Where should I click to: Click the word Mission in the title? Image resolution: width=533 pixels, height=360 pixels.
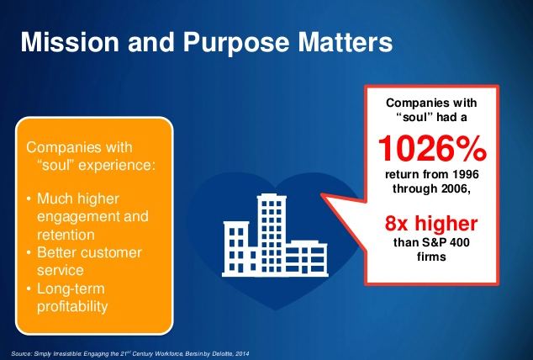pos(70,42)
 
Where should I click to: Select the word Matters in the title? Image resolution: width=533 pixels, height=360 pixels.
pos(346,42)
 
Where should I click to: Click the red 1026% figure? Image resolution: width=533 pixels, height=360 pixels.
pos(432,148)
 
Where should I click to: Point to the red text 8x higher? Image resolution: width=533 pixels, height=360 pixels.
pos(431,223)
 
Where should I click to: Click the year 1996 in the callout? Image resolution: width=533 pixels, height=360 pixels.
pos(466,174)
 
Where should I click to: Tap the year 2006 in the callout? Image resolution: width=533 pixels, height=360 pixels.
pos(456,188)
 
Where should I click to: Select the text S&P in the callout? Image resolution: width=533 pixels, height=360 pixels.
pos(434,242)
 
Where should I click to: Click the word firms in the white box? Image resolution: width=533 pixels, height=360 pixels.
pos(431,257)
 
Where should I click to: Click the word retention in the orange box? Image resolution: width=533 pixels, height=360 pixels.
pos(66,235)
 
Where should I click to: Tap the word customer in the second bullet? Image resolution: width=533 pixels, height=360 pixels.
pos(111,252)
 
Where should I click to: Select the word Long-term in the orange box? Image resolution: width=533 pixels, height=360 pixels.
pos(71,289)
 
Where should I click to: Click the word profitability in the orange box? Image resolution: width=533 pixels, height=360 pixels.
pos(72,306)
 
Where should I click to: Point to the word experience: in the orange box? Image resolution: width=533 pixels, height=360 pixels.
pos(117,166)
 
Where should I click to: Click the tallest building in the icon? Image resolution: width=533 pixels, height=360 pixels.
pos(272,234)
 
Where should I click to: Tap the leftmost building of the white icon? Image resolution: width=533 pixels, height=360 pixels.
pos(236,247)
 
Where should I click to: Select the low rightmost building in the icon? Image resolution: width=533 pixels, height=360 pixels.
pos(306,257)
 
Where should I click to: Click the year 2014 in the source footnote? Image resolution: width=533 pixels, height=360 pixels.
pos(241,354)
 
